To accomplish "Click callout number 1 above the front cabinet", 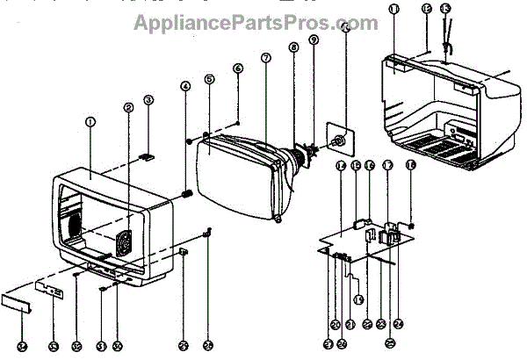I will (x=90, y=120).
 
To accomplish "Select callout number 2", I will (x=128, y=108).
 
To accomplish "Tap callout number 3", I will (x=148, y=100).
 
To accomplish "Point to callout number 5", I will (x=209, y=79).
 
